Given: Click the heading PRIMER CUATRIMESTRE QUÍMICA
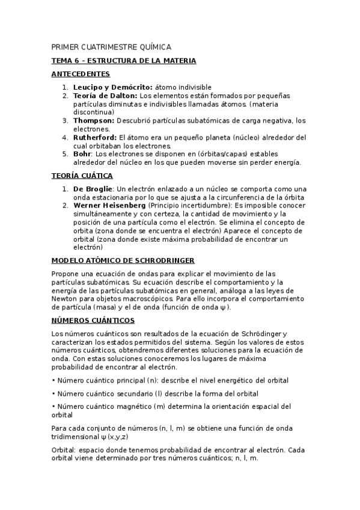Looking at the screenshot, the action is point(111,47).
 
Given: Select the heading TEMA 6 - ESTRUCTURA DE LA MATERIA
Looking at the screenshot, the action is point(124,61).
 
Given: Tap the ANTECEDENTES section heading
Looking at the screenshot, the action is point(81,74).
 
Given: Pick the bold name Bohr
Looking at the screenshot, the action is point(82,154).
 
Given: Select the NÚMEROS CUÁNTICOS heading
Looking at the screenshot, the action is point(93,321).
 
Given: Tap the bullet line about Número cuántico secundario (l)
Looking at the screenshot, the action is point(155,394).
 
